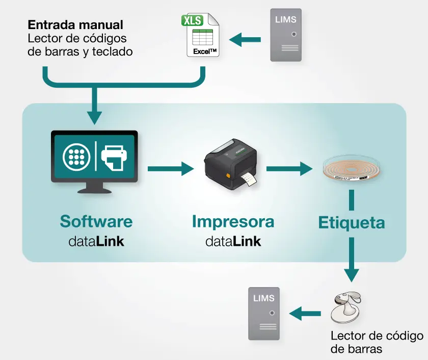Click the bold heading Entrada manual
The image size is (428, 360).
pyautogui.click(x=75, y=24)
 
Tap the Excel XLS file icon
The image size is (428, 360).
pyautogui.click(x=200, y=36)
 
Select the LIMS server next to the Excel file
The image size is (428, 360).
pyautogui.click(x=285, y=35)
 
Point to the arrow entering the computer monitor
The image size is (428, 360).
pyautogui.click(x=94, y=107)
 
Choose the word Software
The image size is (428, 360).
pyautogui.click(x=96, y=221)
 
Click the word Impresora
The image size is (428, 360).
pyautogui.click(x=233, y=221)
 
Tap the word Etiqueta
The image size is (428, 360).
pyautogui.click(x=352, y=223)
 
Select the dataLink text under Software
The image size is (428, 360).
pyautogui.click(x=96, y=241)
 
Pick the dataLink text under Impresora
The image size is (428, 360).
pyautogui.click(x=233, y=241)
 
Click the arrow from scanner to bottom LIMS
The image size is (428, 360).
pyautogui.click(x=306, y=314)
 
